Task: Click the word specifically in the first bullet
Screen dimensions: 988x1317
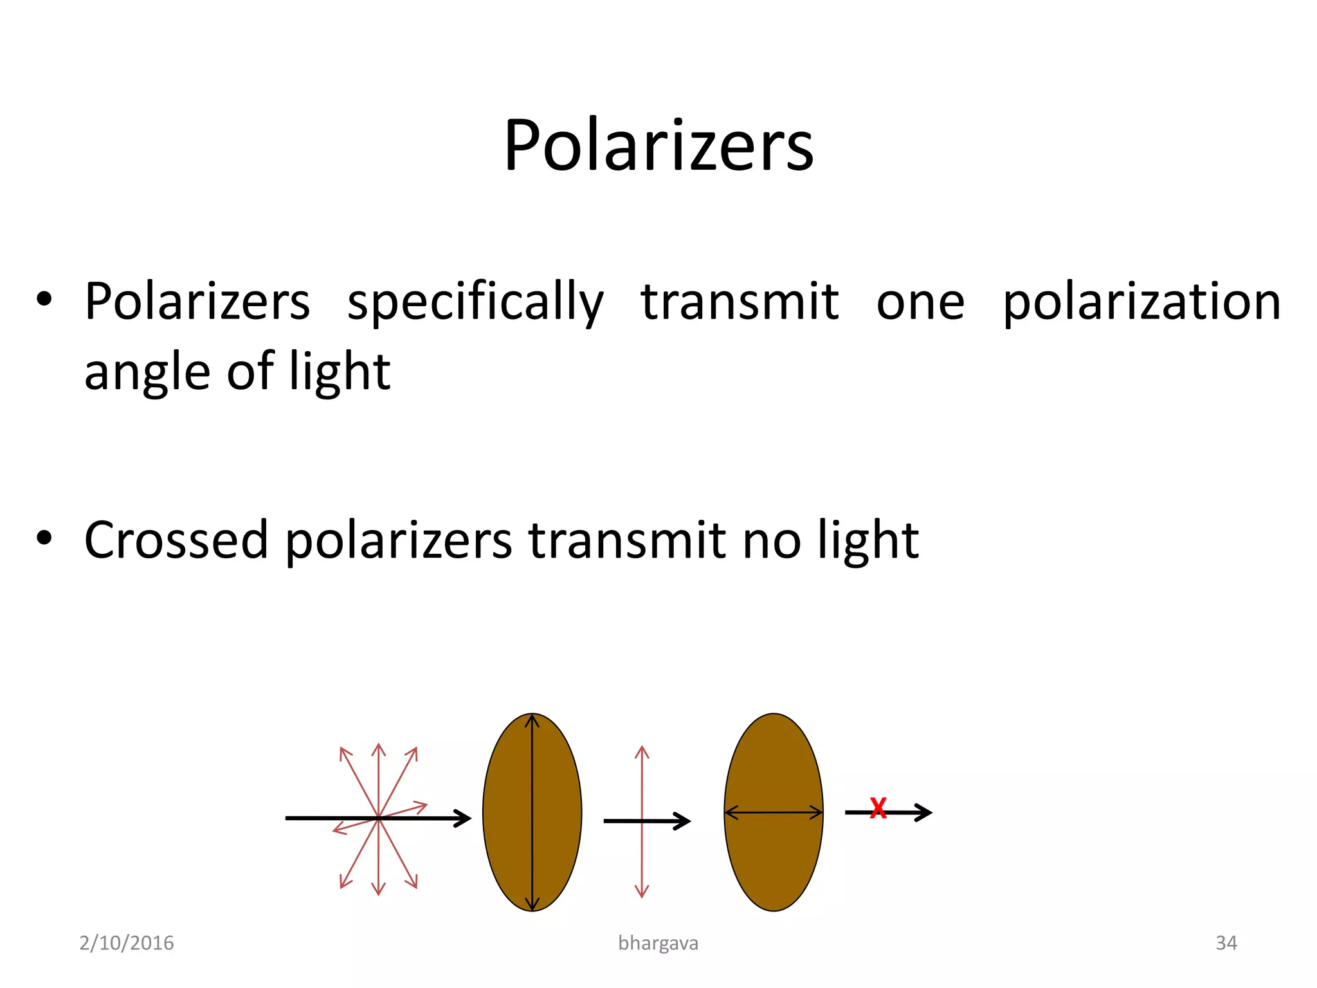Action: [x=475, y=302]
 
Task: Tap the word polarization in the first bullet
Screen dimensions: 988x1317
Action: [x=1142, y=302]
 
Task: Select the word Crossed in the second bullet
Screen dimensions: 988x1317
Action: [x=176, y=540]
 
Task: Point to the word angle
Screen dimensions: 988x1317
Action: [x=147, y=372]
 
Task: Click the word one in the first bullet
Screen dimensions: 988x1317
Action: [x=920, y=302]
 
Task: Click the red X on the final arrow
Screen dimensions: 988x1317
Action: [x=878, y=809]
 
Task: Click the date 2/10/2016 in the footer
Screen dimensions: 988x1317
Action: [x=127, y=943]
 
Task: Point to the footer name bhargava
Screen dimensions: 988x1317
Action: [x=658, y=943]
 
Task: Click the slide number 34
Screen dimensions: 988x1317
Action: [x=1226, y=943]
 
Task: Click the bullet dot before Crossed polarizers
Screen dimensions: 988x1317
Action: [x=44, y=538]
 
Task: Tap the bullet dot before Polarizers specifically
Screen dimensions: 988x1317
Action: [x=44, y=299]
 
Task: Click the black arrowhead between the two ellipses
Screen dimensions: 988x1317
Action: [x=683, y=821]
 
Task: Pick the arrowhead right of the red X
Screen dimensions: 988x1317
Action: [x=924, y=812]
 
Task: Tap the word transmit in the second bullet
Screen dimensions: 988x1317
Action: [x=628, y=540]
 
